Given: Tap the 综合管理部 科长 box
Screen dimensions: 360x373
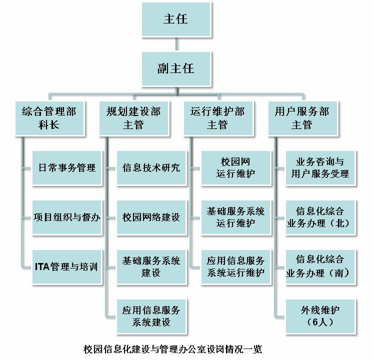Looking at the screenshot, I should pos(49,118).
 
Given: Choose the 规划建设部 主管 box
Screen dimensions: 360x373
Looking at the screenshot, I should pos(133,118).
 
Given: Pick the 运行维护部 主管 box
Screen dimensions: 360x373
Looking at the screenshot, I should pos(217,118).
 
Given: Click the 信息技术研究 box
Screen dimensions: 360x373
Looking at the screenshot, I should pos(151,167).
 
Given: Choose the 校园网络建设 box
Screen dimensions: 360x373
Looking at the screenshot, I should pos(151,217).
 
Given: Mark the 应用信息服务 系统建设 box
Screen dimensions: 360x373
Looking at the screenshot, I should pos(151,316).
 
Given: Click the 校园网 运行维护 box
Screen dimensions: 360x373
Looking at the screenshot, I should pos(235,167).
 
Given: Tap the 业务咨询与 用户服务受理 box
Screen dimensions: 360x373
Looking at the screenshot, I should pos(320,167).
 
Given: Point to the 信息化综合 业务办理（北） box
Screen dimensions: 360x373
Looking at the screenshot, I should pos(320,217).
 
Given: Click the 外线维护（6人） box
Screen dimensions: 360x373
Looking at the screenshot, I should pos(320,316).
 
